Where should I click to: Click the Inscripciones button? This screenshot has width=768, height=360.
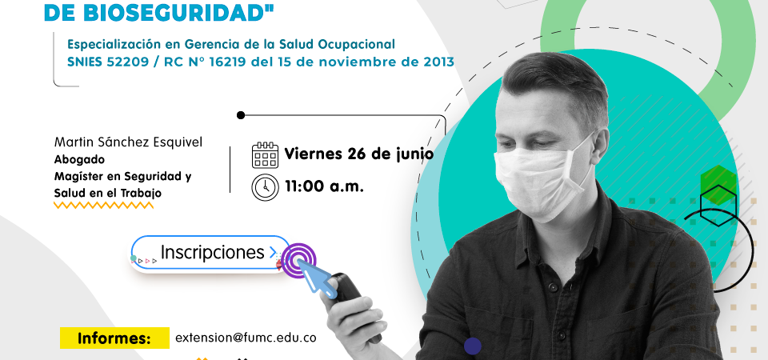pos(211,253)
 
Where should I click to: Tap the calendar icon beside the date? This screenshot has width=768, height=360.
pos(265,155)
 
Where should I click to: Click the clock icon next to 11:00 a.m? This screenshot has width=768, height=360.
pos(265,187)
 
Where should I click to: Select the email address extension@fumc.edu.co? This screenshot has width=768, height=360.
pos(246,338)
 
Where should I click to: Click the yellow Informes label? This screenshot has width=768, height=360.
pos(114,338)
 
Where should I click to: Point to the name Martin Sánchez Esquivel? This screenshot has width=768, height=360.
pos(128,142)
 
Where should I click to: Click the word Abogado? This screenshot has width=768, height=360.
pos(79,160)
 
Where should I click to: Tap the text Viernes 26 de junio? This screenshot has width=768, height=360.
pos(359,154)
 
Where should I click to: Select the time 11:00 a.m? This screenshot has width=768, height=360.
pos(325,186)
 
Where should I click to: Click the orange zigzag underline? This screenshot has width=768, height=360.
pos(103,206)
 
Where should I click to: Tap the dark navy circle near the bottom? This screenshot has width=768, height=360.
pos(473,346)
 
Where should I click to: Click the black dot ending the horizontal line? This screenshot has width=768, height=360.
pos(241,115)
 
